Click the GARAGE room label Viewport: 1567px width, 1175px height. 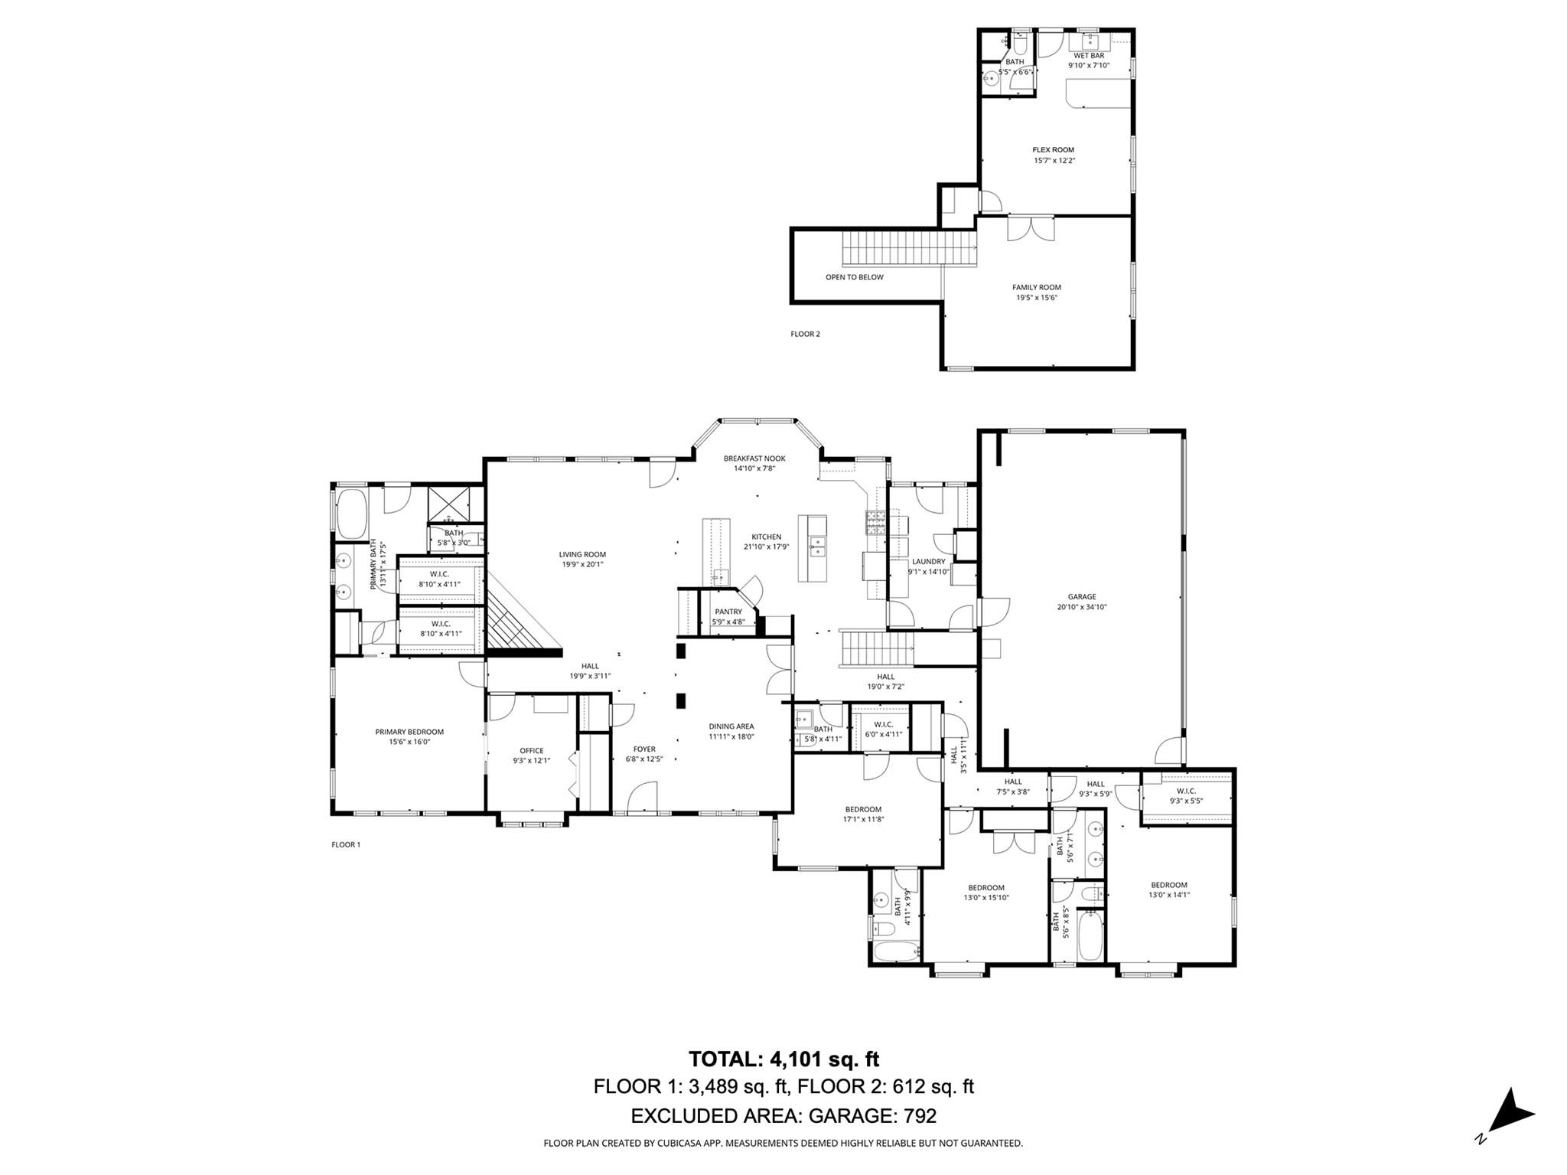tap(1082, 597)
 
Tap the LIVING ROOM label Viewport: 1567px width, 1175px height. tap(582, 554)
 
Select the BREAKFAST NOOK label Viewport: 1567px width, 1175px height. tap(754, 459)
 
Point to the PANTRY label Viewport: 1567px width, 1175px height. tap(728, 612)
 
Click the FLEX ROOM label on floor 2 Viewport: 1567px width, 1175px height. tap(1054, 150)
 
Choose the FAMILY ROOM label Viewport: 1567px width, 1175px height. tap(1037, 288)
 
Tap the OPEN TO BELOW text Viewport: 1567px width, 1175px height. tap(854, 277)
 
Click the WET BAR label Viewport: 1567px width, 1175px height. tap(1089, 56)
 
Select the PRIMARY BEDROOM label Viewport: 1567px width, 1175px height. tap(409, 732)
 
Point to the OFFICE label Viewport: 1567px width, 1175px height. tap(532, 751)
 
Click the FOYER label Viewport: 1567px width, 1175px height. tap(644, 749)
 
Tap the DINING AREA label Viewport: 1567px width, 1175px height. tap(731, 726)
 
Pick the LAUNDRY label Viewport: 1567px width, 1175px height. tap(928, 561)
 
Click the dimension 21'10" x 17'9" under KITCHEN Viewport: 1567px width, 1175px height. tap(766, 547)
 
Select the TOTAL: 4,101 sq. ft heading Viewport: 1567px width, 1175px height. tap(783, 1059)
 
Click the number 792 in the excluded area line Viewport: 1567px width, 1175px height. tap(920, 1116)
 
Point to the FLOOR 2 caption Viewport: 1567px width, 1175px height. tap(805, 334)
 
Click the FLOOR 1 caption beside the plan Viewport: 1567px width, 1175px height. tap(345, 844)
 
